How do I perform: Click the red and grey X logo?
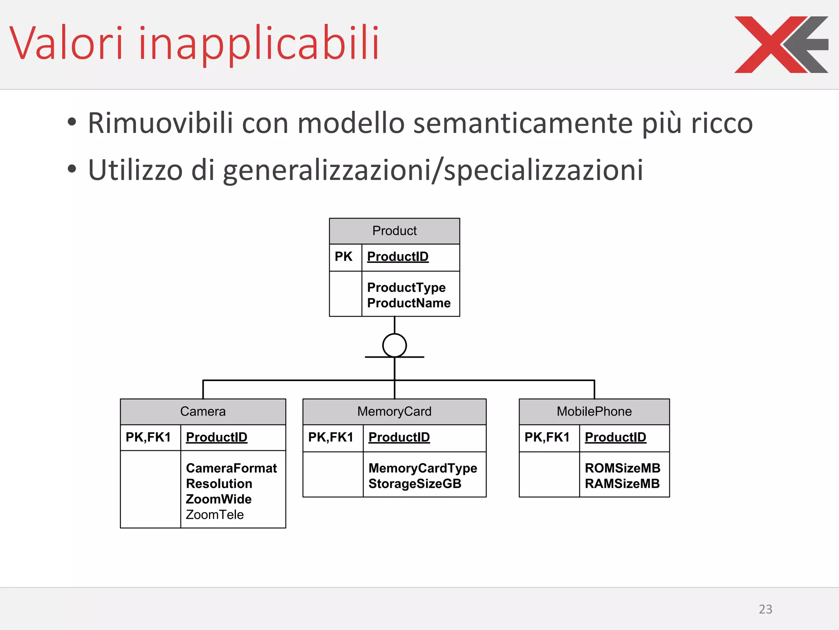pyautogui.click(x=780, y=45)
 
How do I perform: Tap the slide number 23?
pyautogui.click(x=765, y=609)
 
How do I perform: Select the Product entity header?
pyautogui.click(x=394, y=231)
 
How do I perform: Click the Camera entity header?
pyautogui.click(x=203, y=411)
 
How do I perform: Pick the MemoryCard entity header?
pyautogui.click(x=394, y=411)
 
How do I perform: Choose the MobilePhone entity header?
pyautogui.click(x=594, y=411)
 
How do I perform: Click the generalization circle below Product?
pyautogui.click(x=395, y=345)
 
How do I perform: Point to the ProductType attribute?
pyautogui.click(x=406, y=288)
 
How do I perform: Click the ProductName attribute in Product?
pyautogui.click(x=408, y=303)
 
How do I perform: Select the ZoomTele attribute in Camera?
pyautogui.click(x=215, y=515)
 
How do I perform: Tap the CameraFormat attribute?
pyautogui.click(x=231, y=468)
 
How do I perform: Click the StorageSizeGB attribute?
pyautogui.click(x=415, y=484)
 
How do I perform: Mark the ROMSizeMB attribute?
pyautogui.click(x=622, y=468)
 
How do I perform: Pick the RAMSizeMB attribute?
pyautogui.click(x=622, y=484)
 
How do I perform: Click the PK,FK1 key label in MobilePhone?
pyautogui.click(x=547, y=437)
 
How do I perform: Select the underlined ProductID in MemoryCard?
pyautogui.click(x=399, y=437)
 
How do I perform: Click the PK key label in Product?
pyautogui.click(x=343, y=257)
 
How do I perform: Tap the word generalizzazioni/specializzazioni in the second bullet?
pyautogui.click(x=433, y=170)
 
